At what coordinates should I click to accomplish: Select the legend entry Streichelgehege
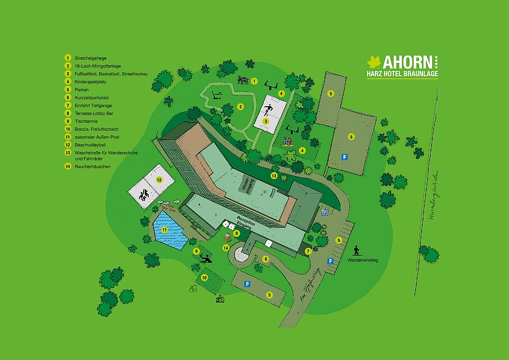click(x=90, y=58)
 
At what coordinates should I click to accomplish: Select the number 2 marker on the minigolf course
click(x=240, y=107)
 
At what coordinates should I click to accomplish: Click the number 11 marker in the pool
click(x=164, y=230)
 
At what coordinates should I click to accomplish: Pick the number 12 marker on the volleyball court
click(x=159, y=180)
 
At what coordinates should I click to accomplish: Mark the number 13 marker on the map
click(x=274, y=176)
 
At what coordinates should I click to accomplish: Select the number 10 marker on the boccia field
click(x=204, y=277)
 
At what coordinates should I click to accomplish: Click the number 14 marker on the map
click(x=226, y=248)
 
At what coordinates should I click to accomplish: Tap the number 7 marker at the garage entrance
click(x=308, y=251)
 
